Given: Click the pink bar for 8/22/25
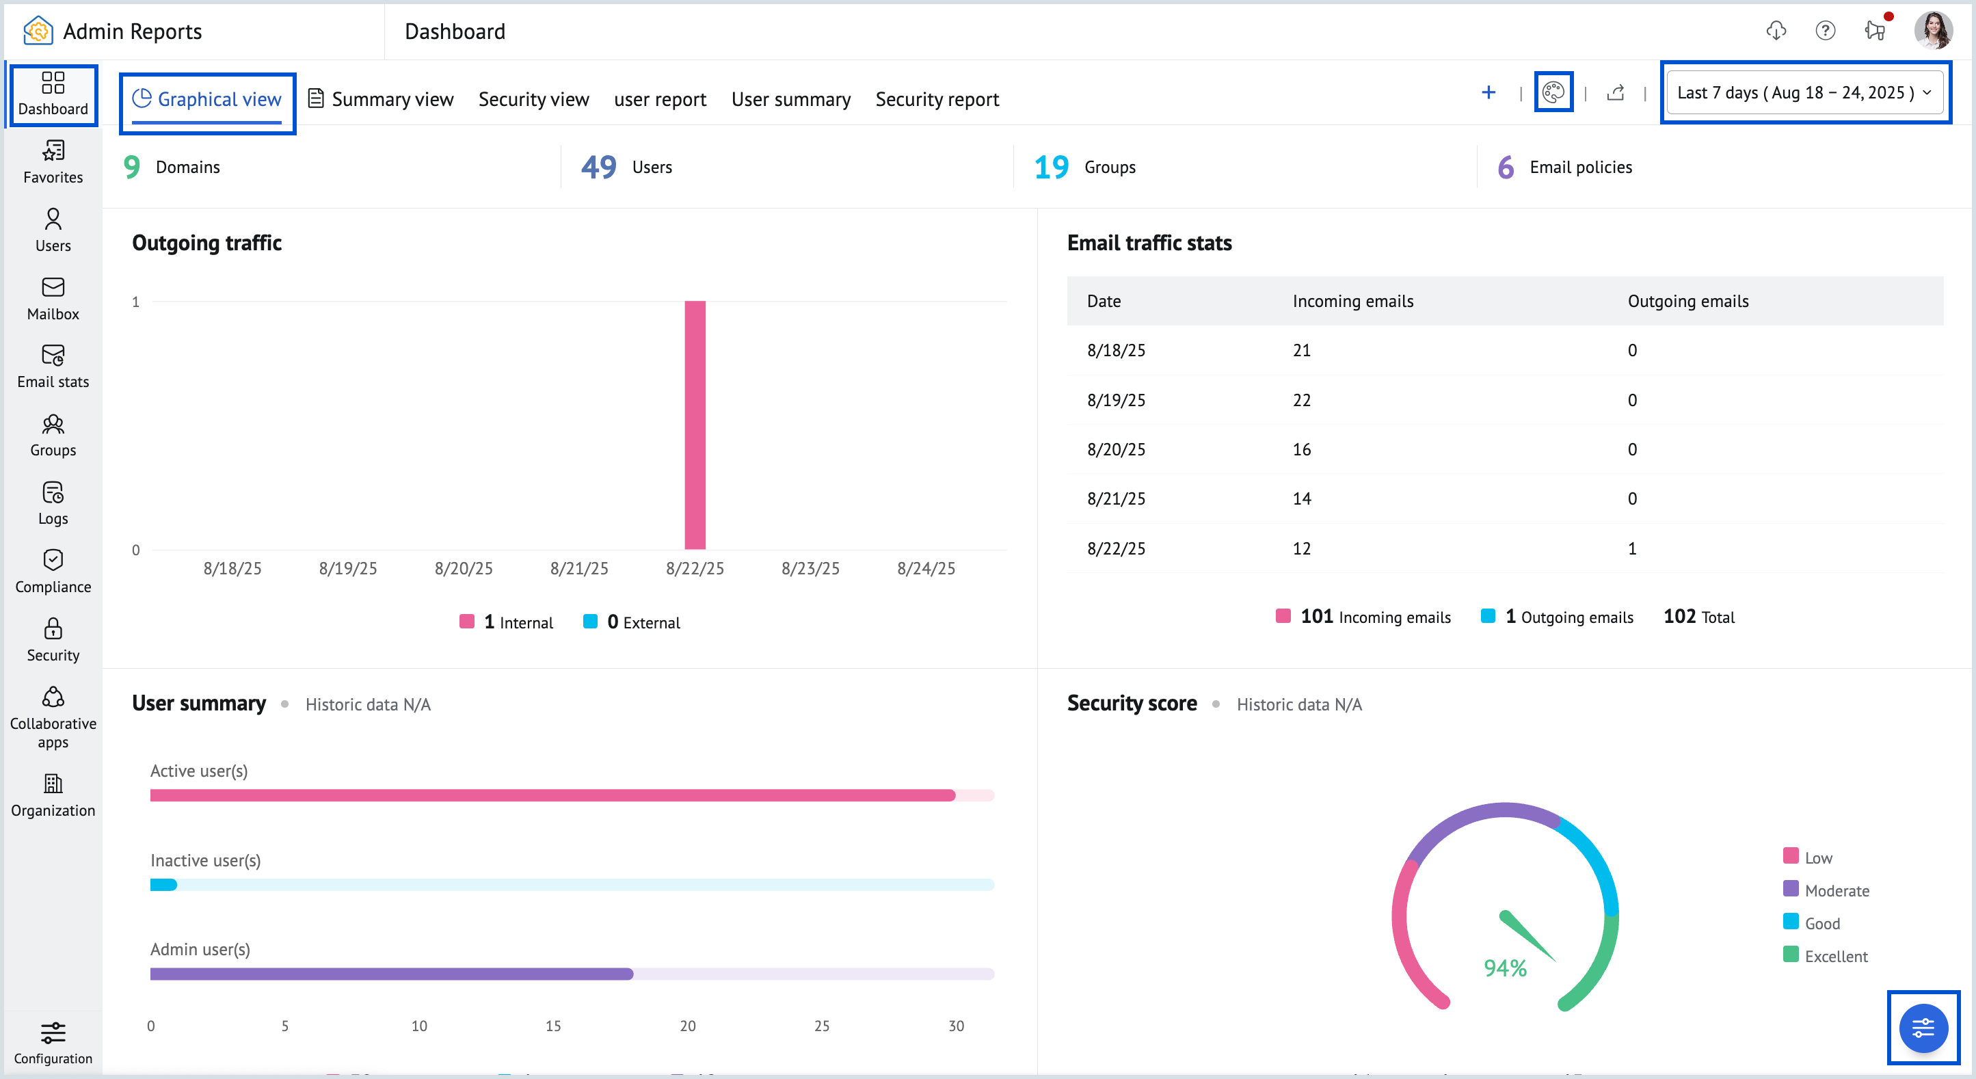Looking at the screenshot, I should [x=695, y=425].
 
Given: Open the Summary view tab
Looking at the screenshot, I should [x=382, y=100].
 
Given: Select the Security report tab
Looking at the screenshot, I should [x=937, y=100].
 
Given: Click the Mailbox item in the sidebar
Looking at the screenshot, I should [x=53, y=298].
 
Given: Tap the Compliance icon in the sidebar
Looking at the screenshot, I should [x=53, y=561].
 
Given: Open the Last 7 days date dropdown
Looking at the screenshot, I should [x=1804, y=93].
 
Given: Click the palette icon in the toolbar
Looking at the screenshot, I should [x=1553, y=93].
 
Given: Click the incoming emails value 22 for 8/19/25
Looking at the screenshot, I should [x=1302, y=400].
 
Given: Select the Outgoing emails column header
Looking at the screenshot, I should [x=1687, y=302].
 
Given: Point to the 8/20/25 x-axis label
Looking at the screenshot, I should [x=464, y=568].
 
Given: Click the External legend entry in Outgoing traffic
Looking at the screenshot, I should [x=632, y=622].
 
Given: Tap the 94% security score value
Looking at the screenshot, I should [x=1505, y=968].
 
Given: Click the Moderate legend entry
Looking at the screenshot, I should [x=1826, y=890].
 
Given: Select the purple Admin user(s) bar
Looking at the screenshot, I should [x=391, y=974].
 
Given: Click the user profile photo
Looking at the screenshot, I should [x=1932, y=31].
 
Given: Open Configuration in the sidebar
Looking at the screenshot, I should [x=53, y=1042].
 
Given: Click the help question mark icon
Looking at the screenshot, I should [x=1825, y=31].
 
